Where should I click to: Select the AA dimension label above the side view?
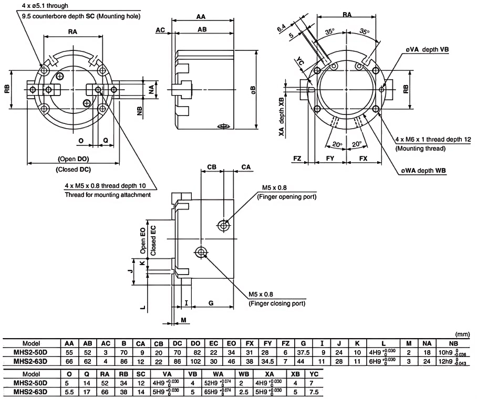coord(200,17)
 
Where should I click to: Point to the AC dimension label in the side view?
coord(159,29)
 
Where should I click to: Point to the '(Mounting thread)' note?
coord(420,148)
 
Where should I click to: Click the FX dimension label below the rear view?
coord(361,157)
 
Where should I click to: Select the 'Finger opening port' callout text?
coord(289,197)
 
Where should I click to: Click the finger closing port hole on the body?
coord(201,253)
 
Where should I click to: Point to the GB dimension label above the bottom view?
coord(212,167)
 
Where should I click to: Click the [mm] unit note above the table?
coord(463,333)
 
